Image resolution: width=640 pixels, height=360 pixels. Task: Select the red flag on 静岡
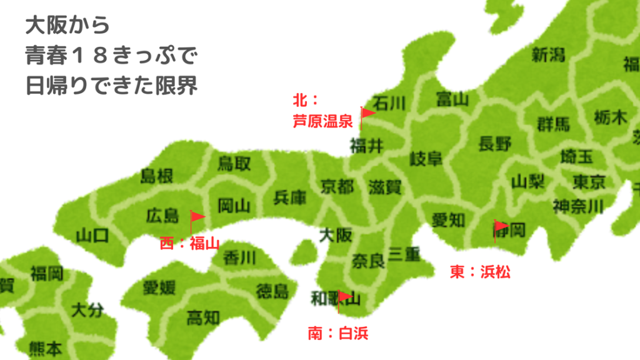[500, 227]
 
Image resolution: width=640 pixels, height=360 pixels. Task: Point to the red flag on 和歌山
[344, 296]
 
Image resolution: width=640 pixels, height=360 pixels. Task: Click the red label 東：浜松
[480, 272]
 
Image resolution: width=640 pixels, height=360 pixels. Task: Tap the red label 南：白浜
[338, 333]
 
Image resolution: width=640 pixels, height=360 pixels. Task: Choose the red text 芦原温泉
[323, 121]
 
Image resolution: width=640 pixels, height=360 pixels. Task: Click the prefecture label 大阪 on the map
[336, 236]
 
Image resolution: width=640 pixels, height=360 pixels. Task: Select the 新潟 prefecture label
[548, 55]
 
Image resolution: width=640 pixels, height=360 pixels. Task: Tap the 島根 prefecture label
[156, 176]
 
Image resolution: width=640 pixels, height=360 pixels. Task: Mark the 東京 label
[589, 182]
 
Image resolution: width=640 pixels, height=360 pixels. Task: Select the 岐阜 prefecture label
[426, 159]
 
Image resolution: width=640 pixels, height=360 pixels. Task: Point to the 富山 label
[452, 99]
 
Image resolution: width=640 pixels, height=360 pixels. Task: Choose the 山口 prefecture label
[92, 236]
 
